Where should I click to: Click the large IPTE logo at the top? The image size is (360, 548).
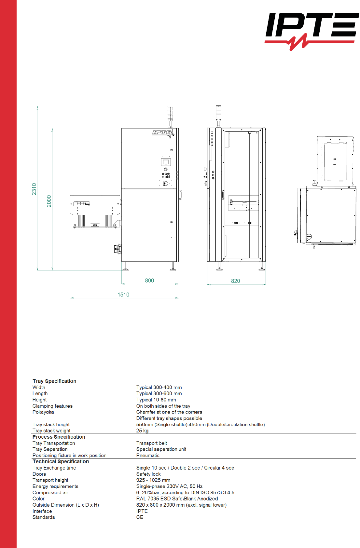pos(312,31)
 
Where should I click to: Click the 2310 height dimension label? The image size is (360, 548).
pos(34,189)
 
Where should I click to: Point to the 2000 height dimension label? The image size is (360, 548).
pos(49,201)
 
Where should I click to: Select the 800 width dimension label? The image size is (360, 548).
pos(149,281)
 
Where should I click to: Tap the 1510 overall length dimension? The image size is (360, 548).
pos(123,295)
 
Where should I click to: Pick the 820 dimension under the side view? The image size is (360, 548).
pos(235,281)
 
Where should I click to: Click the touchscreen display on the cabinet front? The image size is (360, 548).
pos(166,162)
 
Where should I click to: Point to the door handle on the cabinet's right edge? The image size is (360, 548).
pos(181,195)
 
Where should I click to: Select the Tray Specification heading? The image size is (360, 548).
pos(54,381)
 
